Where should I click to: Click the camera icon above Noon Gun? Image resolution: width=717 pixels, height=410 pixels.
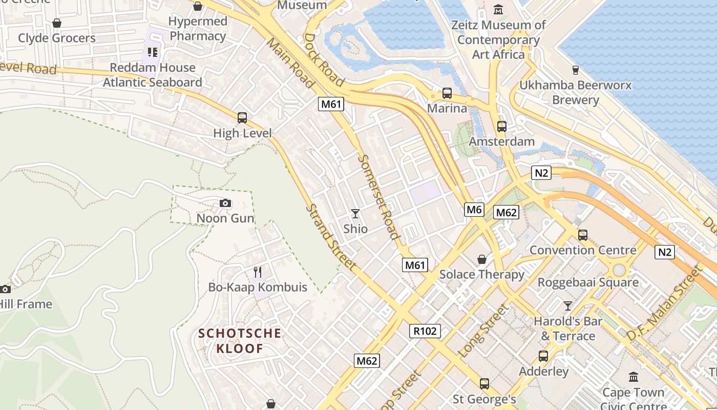point(225,203)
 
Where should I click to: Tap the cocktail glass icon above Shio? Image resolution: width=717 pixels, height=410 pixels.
point(355,213)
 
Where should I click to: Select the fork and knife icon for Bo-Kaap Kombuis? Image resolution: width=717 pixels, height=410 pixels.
point(258,272)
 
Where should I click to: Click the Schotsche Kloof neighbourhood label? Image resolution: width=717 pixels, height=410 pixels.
point(240,341)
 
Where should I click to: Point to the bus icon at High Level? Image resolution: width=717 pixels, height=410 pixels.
point(242,118)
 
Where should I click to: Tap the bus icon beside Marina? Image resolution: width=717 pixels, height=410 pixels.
point(447,93)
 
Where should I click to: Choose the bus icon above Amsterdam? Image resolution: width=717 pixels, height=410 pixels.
point(502,126)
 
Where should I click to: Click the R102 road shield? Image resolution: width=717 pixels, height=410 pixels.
point(425,331)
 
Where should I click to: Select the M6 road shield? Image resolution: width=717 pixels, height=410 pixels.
point(474,209)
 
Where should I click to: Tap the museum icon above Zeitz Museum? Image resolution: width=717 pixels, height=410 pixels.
point(498,10)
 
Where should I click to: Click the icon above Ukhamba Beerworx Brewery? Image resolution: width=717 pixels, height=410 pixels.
point(575,70)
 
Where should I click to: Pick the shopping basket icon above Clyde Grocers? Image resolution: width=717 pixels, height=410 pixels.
point(57,23)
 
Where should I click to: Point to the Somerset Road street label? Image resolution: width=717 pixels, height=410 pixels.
point(378,197)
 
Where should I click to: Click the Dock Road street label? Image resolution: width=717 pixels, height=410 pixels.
point(324,59)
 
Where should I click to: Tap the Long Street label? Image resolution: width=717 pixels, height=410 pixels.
point(484,331)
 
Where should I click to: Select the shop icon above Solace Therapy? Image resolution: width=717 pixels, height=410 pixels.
point(481,259)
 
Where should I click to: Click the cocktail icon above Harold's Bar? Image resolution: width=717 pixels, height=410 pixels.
point(568,306)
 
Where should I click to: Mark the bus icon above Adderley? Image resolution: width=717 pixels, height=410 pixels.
point(543,356)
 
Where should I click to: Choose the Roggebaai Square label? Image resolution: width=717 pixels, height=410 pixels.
point(588,282)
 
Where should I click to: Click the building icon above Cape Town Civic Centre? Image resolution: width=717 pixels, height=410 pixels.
point(634,377)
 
